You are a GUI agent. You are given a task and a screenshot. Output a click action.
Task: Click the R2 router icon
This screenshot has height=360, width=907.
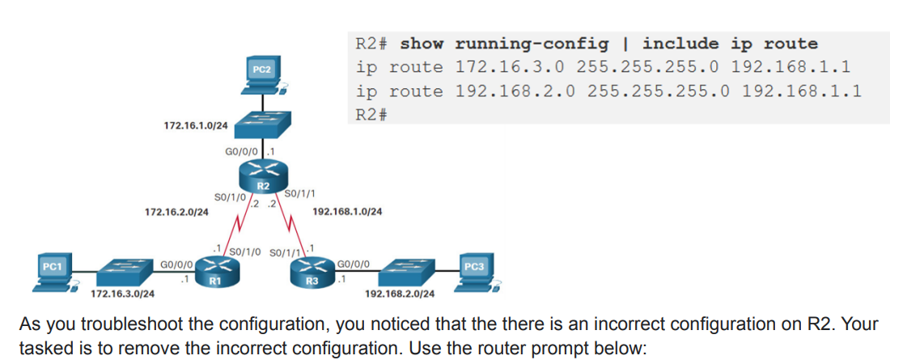(x=262, y=174)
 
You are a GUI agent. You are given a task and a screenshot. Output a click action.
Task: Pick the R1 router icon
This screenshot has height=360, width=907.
(x=215, y=270)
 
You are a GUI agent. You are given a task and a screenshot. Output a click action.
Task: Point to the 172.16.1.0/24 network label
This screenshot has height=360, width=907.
(x=196, y=126)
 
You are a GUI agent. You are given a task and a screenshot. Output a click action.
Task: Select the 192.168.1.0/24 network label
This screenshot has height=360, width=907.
(x=347, y=212)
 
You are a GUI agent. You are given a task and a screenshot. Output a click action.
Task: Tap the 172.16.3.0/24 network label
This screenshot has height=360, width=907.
(x=123, y=293)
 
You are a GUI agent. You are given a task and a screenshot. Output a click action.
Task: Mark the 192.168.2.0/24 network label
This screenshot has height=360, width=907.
(x=399, y=293)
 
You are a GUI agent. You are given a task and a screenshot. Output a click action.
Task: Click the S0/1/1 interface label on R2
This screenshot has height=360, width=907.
(x=301, y=193)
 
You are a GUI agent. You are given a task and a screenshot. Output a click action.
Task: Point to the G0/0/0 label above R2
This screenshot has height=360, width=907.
(x=240, y=151)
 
